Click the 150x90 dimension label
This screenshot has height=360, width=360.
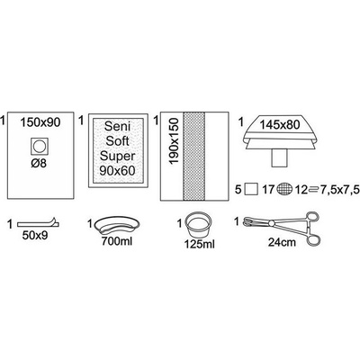click(x=40, y=122)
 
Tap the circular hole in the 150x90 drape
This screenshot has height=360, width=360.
click(x=40, y=147)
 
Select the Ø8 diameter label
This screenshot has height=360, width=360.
click(x=40, y=164)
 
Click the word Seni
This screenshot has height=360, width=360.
click(x=117, y=126)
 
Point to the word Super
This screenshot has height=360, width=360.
click(x=117, y=156)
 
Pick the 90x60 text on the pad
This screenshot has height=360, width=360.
click(x=117, y=171)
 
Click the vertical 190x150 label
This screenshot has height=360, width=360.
click(x=174, y=141)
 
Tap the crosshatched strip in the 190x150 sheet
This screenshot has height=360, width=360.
click(x=193, y=157)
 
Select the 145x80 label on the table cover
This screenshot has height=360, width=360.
click(x=280, y=124)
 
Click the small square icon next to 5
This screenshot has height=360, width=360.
click(x=251, y=190)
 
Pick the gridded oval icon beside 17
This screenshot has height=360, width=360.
click(x=285, y=190)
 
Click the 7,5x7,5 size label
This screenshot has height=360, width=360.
click(x=335, y=190)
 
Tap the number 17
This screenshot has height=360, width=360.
click(x=268, y=190)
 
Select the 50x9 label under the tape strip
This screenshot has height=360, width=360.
click(x=35, y=236)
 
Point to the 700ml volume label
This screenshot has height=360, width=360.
click(x=117, y=241)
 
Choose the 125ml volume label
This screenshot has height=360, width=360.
click(x=200, y=244)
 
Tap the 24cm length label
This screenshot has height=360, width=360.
click(x=282, y=242)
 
